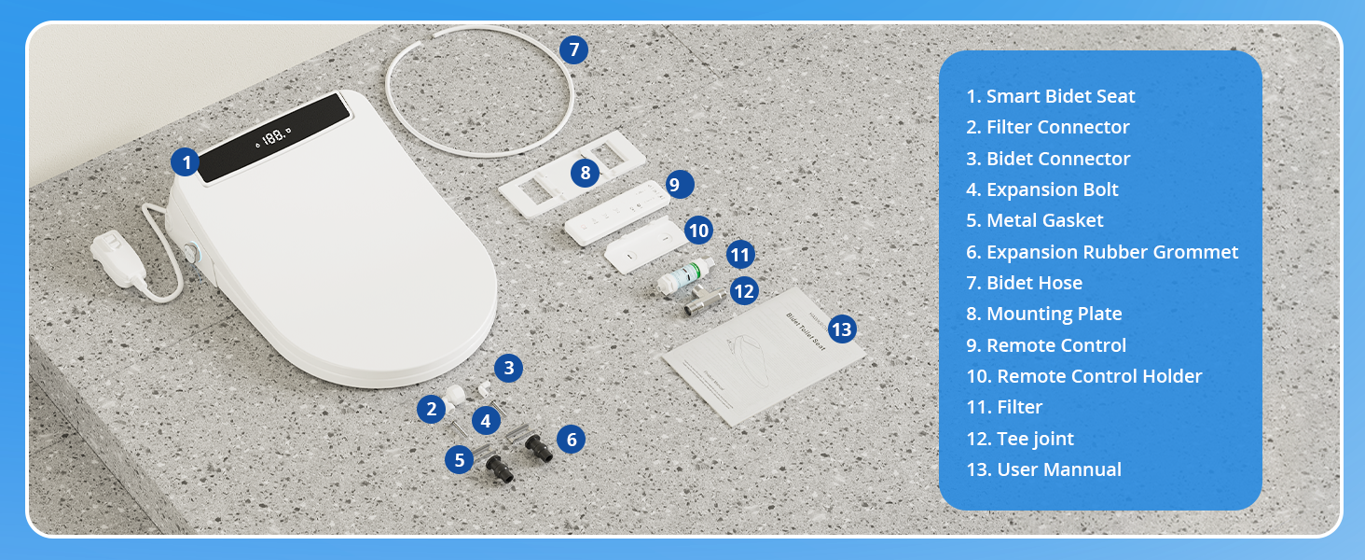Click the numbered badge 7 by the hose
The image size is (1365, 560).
click(573, 49)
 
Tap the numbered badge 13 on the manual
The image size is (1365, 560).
click(842, 329)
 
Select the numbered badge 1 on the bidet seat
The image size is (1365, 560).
click(186, 162)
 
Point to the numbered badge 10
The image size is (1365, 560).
click(698, 231)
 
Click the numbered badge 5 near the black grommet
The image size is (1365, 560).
click(460, 460)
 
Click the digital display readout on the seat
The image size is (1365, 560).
click(273, 136)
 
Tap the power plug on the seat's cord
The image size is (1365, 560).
click(118, 258)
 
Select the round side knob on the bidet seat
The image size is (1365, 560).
click(193, 252)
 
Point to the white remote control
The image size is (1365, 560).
click(616, 213)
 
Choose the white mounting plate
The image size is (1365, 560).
click(572, 174)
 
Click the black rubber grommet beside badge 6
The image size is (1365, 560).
click(538, 447)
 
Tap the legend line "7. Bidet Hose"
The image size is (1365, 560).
click(1024, 283)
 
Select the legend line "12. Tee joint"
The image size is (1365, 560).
click(1019, 439)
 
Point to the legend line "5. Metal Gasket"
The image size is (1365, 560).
click(1034, 220)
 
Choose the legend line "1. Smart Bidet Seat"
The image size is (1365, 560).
click(1050, 96)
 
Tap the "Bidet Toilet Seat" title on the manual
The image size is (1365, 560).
click(806, 331)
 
